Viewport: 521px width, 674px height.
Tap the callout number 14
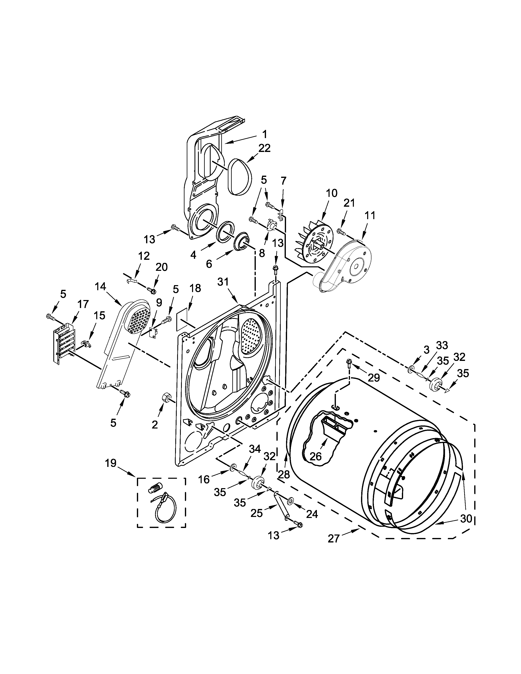pos(101,287)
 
